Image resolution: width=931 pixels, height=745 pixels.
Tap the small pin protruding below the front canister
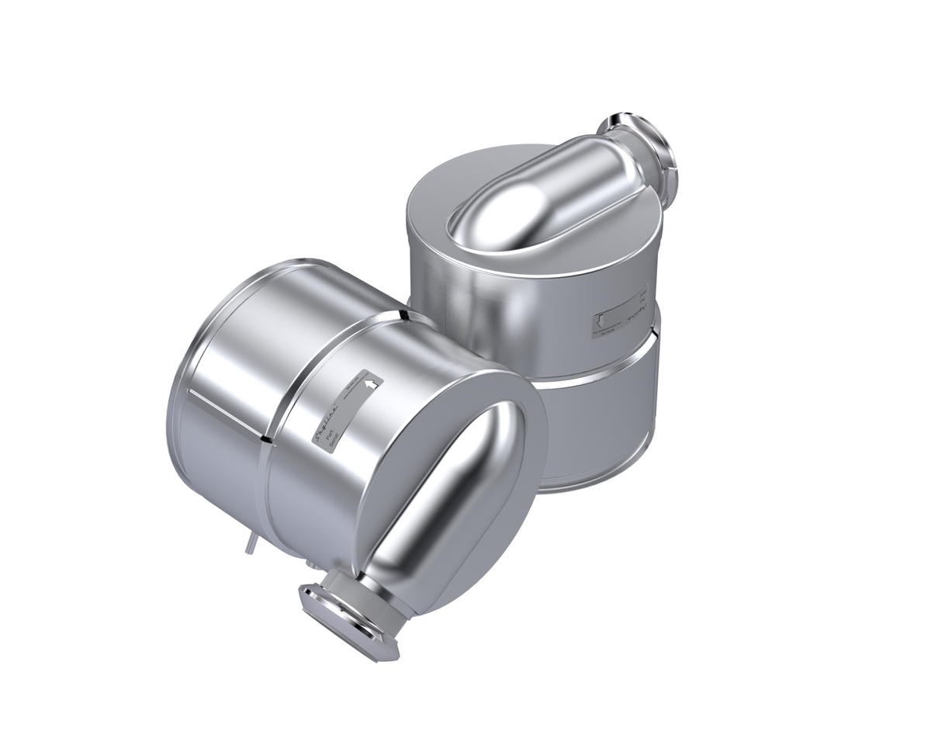(x=247, y=545)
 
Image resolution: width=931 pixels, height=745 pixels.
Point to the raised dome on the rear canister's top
(x=528, y=202)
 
